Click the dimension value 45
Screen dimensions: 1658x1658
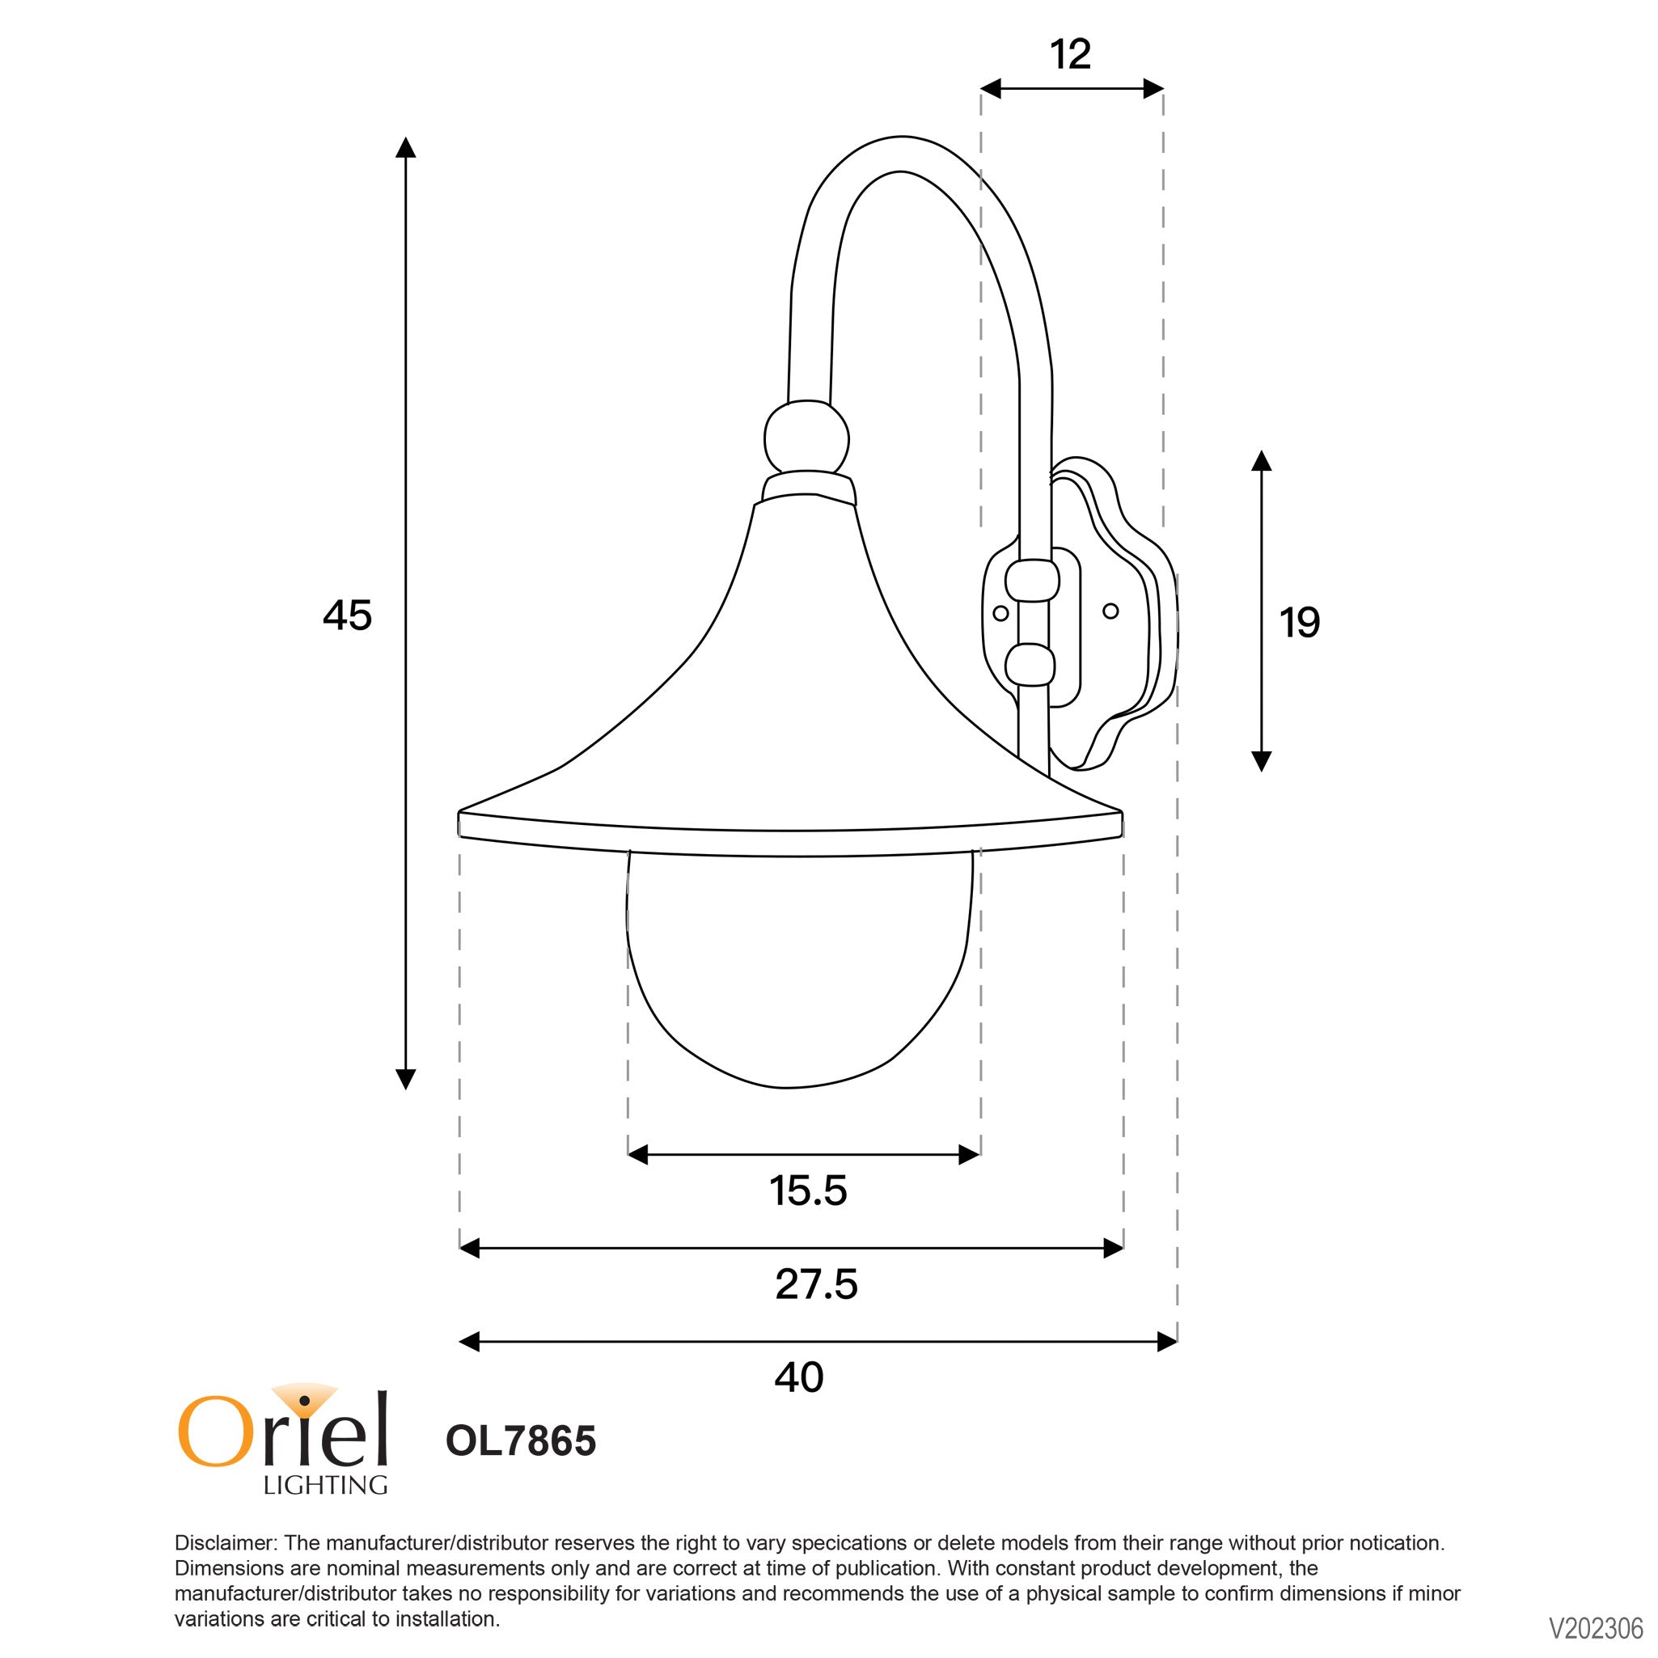(x=347, y=616)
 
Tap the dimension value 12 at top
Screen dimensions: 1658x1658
(x=1070, y=55)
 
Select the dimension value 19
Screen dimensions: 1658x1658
(x=1299, y=623)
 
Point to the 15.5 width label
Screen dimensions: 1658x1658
(x=807, y=1191)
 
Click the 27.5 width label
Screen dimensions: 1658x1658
(x=815, y=1284)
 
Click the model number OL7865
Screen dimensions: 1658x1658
(x=520, y=1441)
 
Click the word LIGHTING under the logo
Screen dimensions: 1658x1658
(x=325, y=1486)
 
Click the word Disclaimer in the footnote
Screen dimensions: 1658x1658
(x=225, y=1543)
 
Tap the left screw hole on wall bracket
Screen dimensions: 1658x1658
(x=1000, y=614)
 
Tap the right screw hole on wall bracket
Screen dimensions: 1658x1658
(x=1110, y=611)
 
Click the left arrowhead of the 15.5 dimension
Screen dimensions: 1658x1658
(x=637, y=1155)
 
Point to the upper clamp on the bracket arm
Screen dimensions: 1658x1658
(x=1031, y=581)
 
